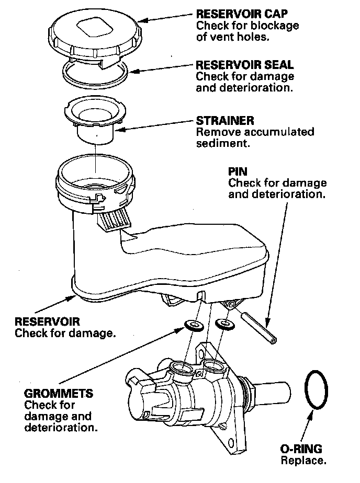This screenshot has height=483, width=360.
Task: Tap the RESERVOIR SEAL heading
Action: (x=244, y=65)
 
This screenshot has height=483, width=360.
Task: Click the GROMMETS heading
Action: (x=58, y=393)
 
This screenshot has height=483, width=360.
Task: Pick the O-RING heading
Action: (x=301, y=449)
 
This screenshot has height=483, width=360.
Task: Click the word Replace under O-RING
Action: (x=303, y=461)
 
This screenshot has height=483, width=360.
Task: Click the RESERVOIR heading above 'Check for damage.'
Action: (x=47, y=321)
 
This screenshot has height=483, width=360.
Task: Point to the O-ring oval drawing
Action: (x=317, y=389)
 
